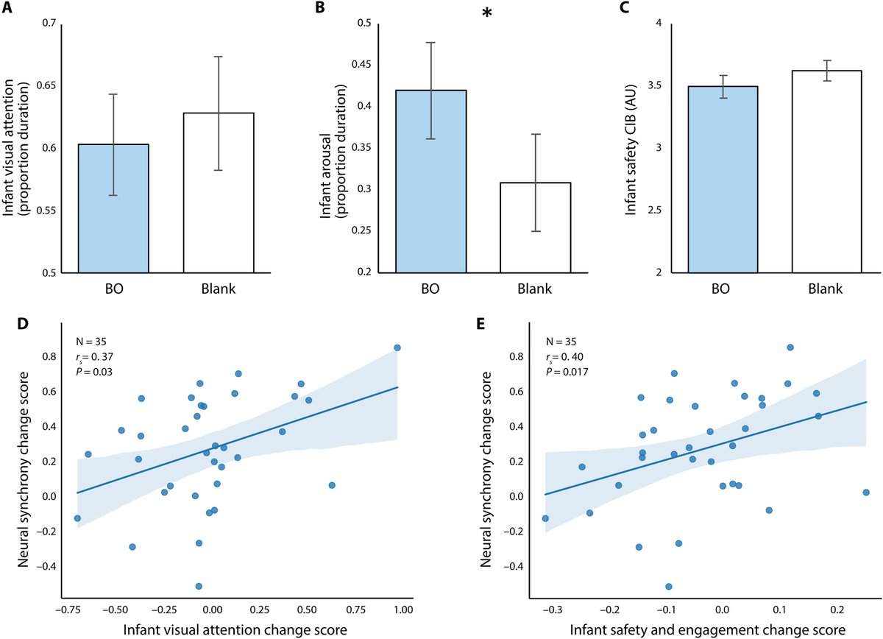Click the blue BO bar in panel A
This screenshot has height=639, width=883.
[113, 208]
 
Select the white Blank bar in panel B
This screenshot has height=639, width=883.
[536, 227]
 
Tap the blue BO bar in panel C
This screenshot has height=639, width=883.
[723, 180]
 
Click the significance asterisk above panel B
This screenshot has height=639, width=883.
[487, 13]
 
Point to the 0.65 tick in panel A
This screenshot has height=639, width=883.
[46, 85]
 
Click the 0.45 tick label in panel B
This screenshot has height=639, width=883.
[361, 64]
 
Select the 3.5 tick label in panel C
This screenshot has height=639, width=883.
[655, 85]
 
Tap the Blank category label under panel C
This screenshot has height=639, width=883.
[826, 289]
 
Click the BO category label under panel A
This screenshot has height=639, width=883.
[114, 289]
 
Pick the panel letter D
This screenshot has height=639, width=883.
[24, 324]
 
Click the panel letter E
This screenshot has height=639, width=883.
[480, 324]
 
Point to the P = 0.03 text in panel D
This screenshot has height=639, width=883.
[94, 372]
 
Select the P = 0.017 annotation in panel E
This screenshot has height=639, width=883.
[567, 372]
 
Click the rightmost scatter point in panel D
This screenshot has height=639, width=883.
[397, 347]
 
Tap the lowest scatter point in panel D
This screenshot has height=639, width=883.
[199, 586]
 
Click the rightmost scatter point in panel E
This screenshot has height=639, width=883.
[866, 493]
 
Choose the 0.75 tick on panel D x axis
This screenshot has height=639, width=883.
[356, 610]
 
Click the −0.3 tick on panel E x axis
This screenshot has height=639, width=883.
[553, 610]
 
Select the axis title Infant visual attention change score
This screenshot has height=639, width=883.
[235, 629]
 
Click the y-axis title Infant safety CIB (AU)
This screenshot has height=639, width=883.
[631, 150]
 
